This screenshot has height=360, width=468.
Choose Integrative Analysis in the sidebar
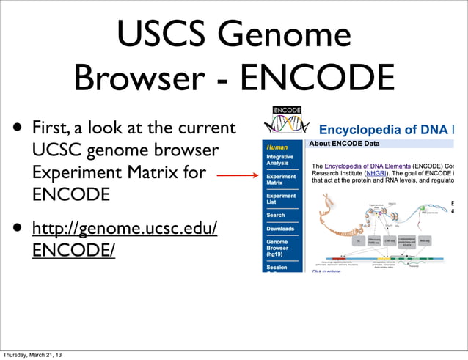280,161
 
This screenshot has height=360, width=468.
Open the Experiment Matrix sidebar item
281,180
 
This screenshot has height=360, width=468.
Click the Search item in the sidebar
276,216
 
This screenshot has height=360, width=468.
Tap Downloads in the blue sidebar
280,229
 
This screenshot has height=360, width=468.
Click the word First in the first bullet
51,129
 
